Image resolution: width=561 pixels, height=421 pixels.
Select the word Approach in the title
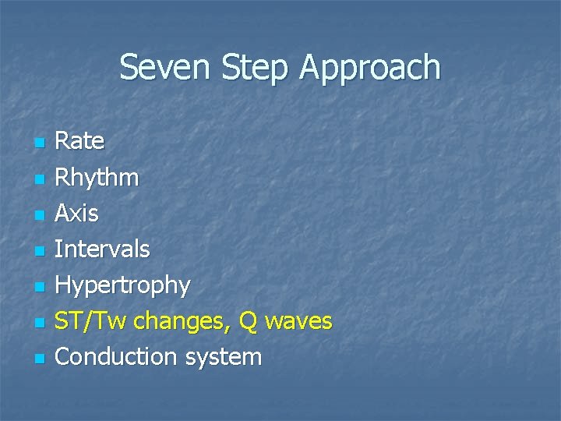coord(369,68)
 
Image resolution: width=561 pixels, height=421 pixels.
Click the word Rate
coord(79,141)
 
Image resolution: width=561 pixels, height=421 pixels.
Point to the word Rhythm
coord(97,178)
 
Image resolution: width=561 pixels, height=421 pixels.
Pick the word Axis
coord(77,213)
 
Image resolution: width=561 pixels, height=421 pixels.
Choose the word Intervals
coord(102,249)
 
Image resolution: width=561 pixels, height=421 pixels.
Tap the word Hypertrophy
coord(122,286)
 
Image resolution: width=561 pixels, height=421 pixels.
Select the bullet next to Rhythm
coord(38,179)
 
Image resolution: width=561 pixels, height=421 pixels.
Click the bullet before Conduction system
coord(38,359)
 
